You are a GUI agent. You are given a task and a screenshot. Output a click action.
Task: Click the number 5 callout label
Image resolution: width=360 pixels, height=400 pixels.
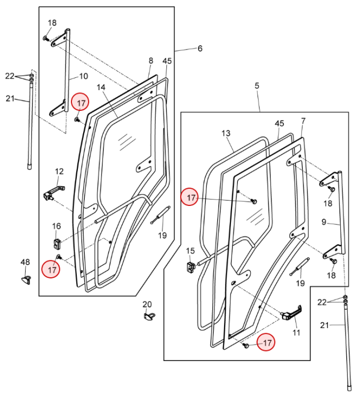point(257,86)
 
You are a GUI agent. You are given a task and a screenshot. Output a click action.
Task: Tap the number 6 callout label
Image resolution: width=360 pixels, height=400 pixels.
point(200,49)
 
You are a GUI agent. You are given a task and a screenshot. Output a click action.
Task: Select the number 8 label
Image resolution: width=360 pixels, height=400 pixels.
point(151,61)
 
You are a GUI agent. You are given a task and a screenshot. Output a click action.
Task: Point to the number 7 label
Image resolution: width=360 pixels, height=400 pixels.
point(303,121)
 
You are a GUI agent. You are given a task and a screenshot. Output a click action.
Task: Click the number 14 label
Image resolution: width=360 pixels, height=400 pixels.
point(101,87)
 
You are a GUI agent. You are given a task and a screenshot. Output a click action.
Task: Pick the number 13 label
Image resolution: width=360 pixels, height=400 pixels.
point(226,133)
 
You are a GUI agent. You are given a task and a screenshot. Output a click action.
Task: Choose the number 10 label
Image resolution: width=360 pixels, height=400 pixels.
point(84,76)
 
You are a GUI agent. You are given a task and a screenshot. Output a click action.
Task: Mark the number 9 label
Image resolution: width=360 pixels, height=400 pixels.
point(324,222)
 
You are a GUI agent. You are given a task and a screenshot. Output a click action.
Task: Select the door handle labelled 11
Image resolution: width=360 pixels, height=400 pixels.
point(291,313)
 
